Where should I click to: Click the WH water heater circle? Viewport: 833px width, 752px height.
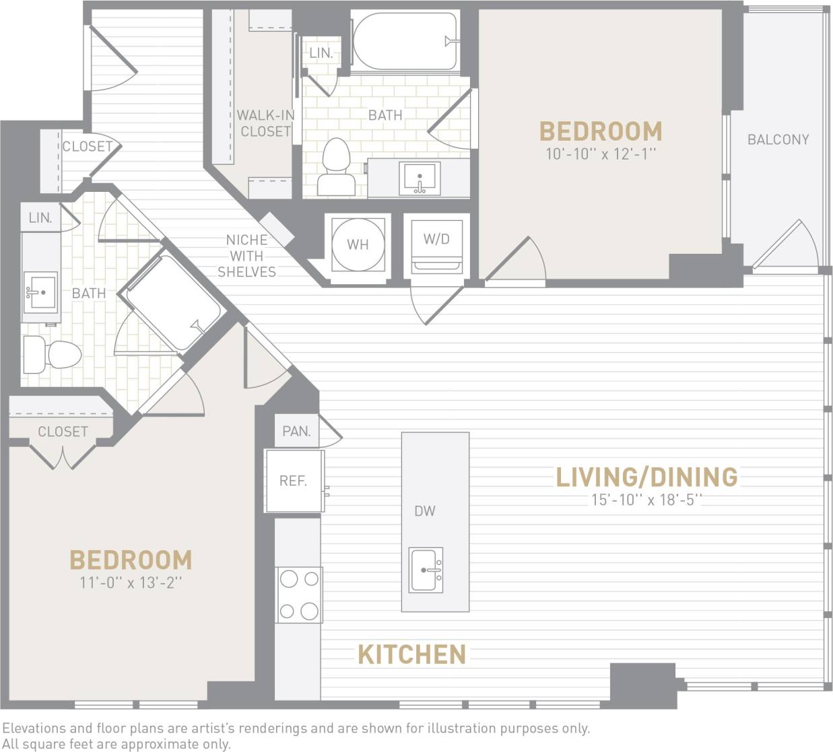(x=358, y=245)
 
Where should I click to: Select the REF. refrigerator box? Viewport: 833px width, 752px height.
(x=294, y=481)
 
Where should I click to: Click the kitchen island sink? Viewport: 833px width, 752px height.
(x=426, y=570)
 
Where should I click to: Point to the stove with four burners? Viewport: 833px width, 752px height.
(x=299, y=594)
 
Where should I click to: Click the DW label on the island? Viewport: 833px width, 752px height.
(x=425, y=511)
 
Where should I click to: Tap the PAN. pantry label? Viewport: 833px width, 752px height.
(x=296, y=431)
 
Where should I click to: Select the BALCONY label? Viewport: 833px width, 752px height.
(x=778, y=139)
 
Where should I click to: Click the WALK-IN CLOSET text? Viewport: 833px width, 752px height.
(x=265, y=123)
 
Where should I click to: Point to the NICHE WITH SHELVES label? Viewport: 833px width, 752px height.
(x=246, y=256)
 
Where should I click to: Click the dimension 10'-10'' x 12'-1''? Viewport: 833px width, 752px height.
(x=601, y=154)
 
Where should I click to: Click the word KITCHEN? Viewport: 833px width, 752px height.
(x=411, y=654)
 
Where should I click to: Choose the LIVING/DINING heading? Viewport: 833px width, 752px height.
(x=646, y=477)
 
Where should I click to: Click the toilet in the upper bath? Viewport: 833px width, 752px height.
(x=337, y=168)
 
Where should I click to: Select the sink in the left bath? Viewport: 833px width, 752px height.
(x=40, y=293)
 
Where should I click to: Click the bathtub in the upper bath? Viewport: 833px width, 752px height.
(x=404, y=42)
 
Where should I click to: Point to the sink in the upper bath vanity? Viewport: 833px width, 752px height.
(x=420, y=178)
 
